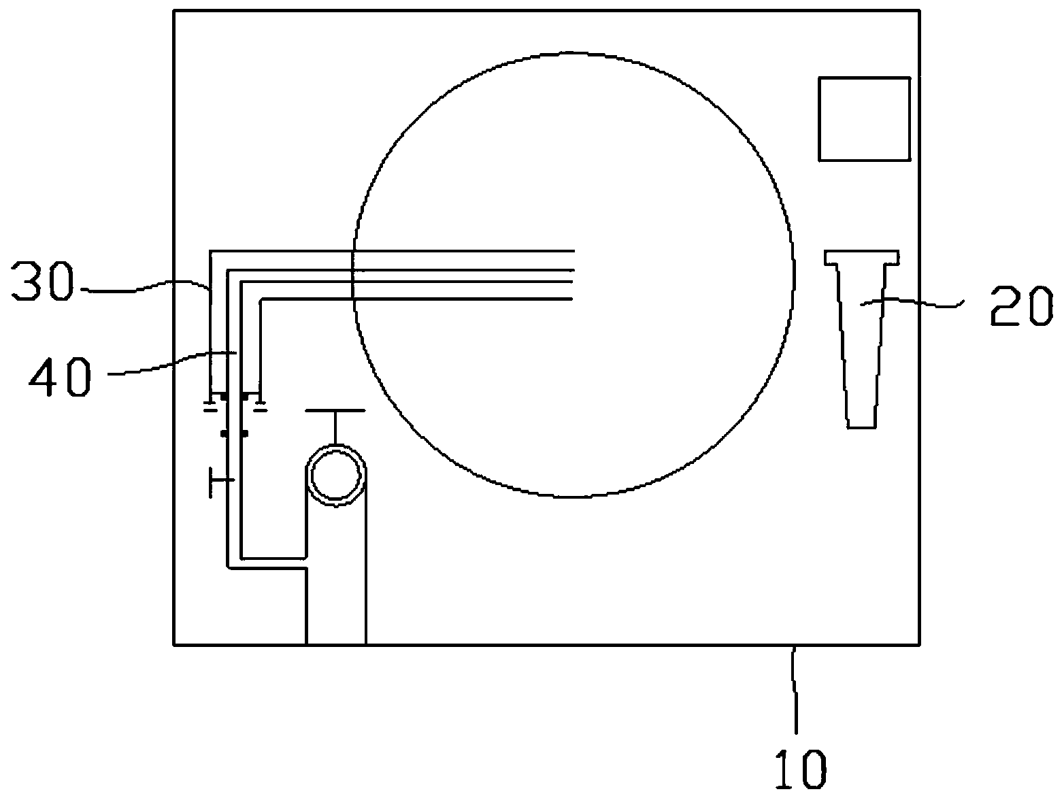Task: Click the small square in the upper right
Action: click(x=864, y=119)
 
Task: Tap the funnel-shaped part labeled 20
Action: click(x=862, y=327)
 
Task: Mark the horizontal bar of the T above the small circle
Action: click(x=335, y=411)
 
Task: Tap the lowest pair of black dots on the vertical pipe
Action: click(x=234, y=433)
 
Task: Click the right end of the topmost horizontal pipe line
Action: click(x=573, y=251)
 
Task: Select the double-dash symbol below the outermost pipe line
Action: click(x=211, y=407)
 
